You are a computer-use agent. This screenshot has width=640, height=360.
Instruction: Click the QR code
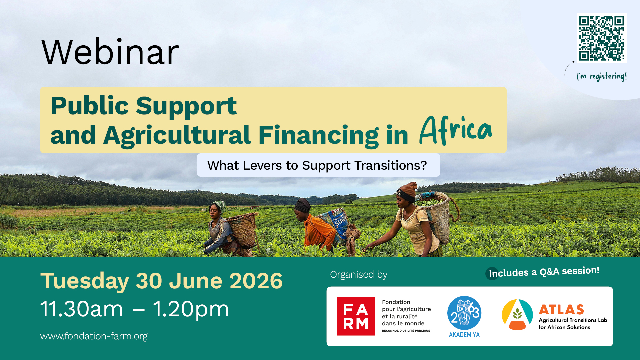pos(601,38)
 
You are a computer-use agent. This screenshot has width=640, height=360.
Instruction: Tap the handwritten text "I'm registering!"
pos(602,76)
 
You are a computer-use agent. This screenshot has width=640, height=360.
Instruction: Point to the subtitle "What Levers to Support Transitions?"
pos(317,165)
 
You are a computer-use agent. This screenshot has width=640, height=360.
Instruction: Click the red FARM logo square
pos(356,316)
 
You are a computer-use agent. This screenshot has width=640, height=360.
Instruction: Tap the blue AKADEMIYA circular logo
pos(464,313)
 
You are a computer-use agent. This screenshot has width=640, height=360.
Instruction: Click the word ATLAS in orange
pos(561,310)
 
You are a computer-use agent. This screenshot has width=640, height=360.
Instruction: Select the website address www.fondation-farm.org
pos(94,336)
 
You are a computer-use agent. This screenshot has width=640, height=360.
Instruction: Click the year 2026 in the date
pos(256,281)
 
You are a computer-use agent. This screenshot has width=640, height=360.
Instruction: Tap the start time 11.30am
pos(82,309)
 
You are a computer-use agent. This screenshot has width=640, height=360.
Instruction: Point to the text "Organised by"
pos(359,274)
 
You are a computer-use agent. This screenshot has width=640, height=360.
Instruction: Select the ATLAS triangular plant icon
pos(517,315)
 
